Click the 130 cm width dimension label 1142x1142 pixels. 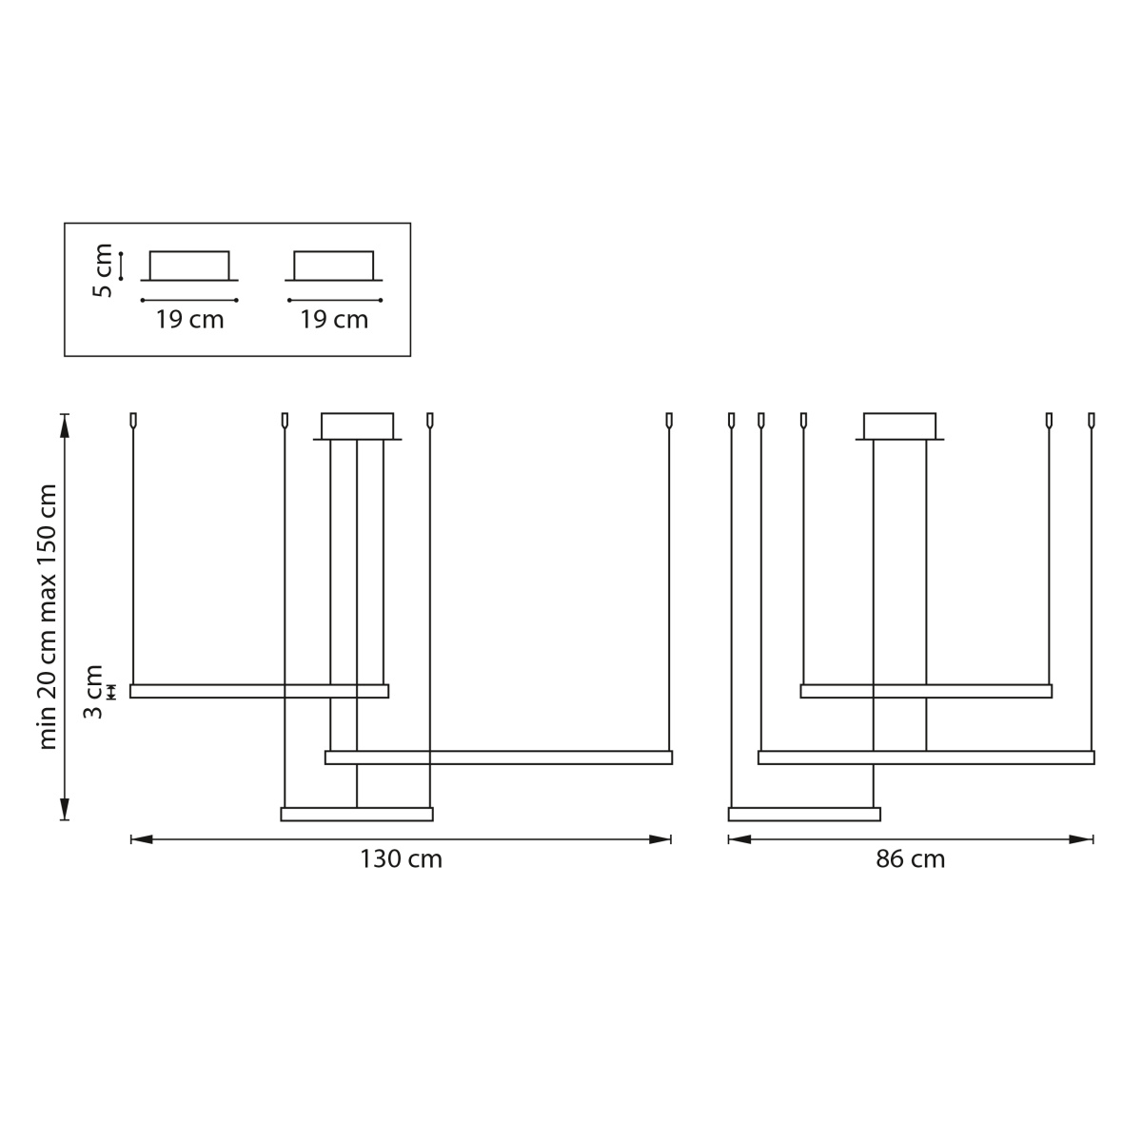coord(402,858)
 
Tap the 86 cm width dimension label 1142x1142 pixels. coord(911,858)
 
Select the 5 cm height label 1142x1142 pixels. coord(103,270)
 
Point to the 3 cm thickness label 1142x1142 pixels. coord(93,692)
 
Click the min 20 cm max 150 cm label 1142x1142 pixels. coord(48,617)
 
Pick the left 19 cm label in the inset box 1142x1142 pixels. coord(189,320)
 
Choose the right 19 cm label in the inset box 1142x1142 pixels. coord(334,320)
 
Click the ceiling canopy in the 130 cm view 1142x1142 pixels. coord(358,426)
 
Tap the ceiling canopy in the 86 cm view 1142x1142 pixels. coord(899,426)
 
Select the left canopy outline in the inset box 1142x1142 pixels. coord(189,266)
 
